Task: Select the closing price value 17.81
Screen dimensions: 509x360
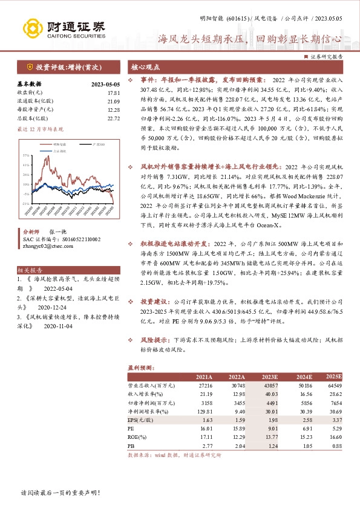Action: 114,93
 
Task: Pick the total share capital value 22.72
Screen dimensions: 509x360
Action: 114,118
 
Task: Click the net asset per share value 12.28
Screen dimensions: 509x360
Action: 114,110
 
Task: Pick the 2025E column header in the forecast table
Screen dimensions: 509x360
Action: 334,377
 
